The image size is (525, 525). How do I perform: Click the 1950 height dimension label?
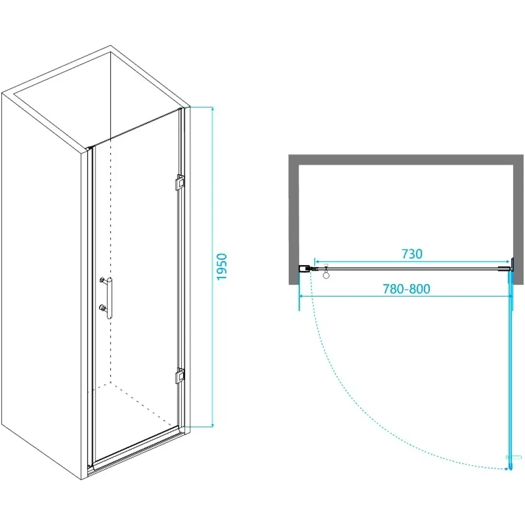[222, 267]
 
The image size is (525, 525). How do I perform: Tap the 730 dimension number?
[412, 254]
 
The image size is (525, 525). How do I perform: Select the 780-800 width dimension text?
[406, 289]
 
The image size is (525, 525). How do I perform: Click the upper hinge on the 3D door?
[180, 183]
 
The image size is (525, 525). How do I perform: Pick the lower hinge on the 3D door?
[180, 376]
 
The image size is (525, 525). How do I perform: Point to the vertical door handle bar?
[110, 298]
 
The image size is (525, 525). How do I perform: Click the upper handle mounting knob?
[102, 280]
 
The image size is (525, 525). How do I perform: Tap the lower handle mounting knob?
[102, 307]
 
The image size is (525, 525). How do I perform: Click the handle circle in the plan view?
[326, 275]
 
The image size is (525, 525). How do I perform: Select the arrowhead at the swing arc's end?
[506, 469]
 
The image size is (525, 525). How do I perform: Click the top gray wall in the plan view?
[406, 160]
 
